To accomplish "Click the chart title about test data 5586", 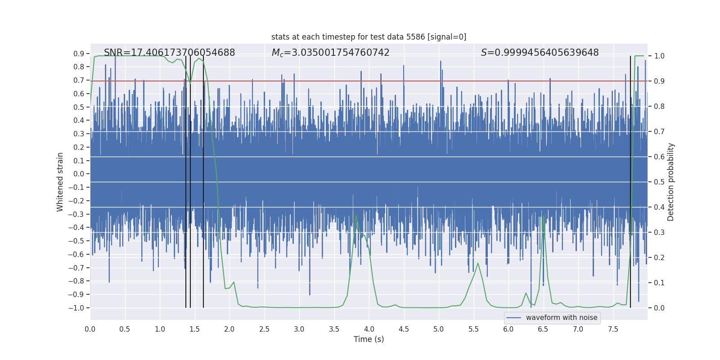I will pos(369,37).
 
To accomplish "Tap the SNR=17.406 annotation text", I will pos(169,53).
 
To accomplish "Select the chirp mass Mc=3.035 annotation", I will pos(330,53).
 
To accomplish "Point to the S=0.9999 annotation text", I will pos(540,53).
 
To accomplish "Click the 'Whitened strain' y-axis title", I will pos(60,182).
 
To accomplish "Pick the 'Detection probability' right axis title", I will pos(671,182).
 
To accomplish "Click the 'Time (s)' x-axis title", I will pos(369,339).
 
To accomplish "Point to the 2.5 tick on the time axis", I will pos(264,329).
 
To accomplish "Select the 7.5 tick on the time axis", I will pos(613,329).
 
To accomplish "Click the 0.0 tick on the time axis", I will pos(90,329).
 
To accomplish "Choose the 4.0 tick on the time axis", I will pos(369,329).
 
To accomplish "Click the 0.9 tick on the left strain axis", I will pos(79,54).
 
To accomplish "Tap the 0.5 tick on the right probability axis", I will pos(659,182).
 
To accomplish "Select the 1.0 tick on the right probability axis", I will pos(659,56).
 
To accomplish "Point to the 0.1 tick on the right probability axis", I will pos(659,283).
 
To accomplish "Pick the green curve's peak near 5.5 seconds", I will pos(478,263).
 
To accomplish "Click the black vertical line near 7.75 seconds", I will pos(630,180).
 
